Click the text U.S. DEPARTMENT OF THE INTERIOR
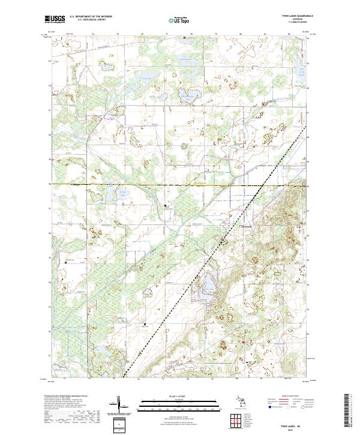[x=95, y=17]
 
